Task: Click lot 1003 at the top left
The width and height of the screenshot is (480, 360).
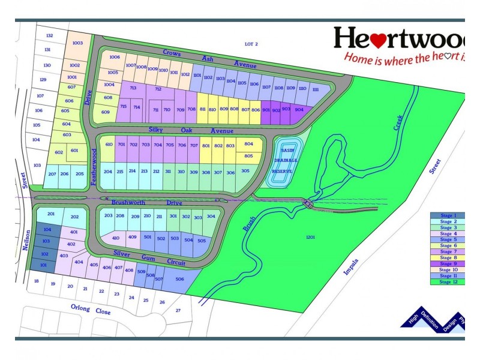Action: click(x=77, y=43)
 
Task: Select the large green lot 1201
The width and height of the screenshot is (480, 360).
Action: click(x=310, y=238)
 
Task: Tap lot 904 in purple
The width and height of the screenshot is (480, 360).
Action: click(x=299, y=110)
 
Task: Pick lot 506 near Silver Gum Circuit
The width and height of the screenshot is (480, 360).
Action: click(x=179, y=278)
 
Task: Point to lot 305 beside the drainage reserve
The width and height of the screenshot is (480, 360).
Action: click(x=245, y=171)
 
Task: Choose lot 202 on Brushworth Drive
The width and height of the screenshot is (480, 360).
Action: click(x=74, y=217)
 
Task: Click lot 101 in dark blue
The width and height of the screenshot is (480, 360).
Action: click(x=43, y=265)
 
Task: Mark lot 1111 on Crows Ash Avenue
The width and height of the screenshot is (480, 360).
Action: click(x=315, y=89)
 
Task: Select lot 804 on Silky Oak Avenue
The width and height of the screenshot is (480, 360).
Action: click(x=248, y=144)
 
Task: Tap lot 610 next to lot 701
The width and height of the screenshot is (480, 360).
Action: click(x=109, y=145)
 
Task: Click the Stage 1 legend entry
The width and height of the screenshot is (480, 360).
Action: click(x=447, y=215)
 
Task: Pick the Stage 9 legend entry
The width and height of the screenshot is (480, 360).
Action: click(x=447, y=264)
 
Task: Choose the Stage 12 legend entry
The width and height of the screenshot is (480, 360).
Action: click(x=447, y=282)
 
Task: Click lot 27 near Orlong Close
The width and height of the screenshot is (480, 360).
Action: click(x=178, y=310)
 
